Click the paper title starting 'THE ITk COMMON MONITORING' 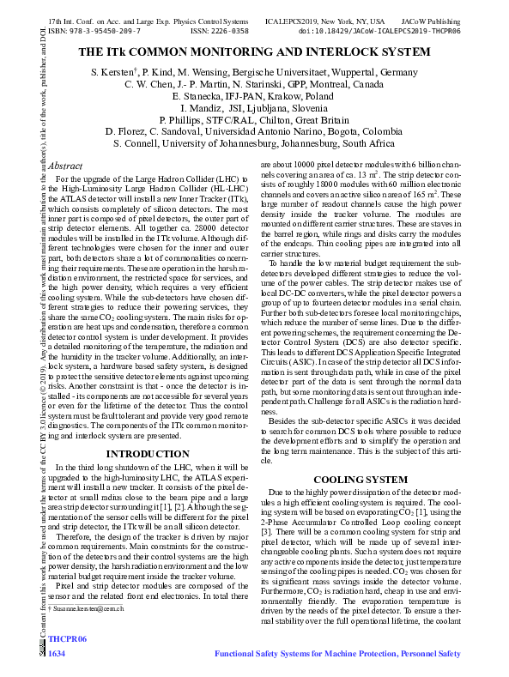pos(254,51)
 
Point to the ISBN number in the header pos(94,30)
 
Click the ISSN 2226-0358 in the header pos(219,30)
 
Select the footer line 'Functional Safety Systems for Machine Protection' pos(337,654)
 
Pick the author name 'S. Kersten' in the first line pos(112,73)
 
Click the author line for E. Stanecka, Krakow pos(254,97)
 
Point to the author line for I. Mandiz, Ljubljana pos(254,109)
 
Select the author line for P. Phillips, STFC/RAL pos(254,121)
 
